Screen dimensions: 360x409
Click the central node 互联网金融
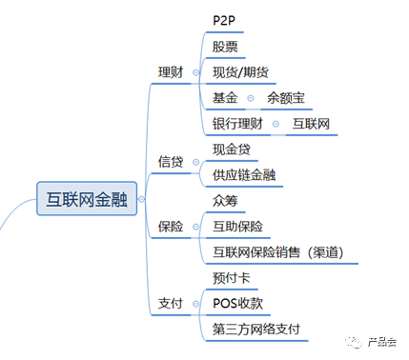pos(86,198)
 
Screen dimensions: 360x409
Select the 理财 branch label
pos(172,72)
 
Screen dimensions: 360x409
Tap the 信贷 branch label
pos(172,162)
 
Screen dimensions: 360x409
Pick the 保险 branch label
pos(172,227)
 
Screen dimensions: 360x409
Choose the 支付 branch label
pos(172,304)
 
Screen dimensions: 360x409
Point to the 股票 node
pos(226,46)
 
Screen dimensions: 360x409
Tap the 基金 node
pos(226,98)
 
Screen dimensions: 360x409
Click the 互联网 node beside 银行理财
pos(312,124)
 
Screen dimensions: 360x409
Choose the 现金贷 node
pos(233,150)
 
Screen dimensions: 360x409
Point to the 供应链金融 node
pos(245,175)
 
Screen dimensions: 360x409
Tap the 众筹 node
pos(226,201)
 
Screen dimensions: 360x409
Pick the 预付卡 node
pos(232,278)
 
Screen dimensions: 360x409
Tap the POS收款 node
pos(239,304)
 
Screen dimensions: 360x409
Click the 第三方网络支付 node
pos(256,330)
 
